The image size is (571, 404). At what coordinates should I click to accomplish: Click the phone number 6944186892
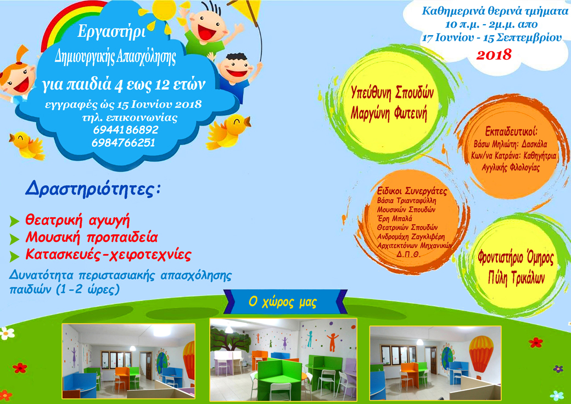pyautogui.click(x=126, y=130)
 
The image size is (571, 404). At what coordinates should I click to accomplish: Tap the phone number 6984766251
pyautogui.click(x=124, y=142)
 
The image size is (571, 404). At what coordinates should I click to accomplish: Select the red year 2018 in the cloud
pyautogui.click(x=494, y=55)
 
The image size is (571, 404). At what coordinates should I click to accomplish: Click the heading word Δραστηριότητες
pyautogui.click(x=93, y=189)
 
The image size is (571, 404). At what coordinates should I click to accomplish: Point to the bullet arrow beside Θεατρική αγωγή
pyautogui.click(x=14, y=221)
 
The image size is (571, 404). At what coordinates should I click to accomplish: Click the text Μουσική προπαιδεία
pyautogui.click(x=91, y=237)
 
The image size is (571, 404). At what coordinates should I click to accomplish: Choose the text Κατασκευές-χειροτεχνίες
pyautogui.click(x=108, y=254)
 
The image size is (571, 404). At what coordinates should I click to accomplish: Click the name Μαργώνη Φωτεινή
pyautogui.click(x=389, y=114)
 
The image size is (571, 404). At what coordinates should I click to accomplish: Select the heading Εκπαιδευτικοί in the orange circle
pyautogui.click(x=511, y=131)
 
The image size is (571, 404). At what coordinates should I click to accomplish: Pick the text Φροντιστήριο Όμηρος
pyautogui.click(x=516, y=258)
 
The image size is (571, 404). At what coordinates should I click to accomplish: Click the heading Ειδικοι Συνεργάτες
pyautogui.click(x=412, y=191)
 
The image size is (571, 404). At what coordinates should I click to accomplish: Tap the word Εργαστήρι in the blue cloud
pyautogui.click(x=111, y=32)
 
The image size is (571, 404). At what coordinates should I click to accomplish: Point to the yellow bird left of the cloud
pyautogui.click(x=27, y=145)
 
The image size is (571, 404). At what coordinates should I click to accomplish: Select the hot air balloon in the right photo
pyautogui.click(x=481, y=355)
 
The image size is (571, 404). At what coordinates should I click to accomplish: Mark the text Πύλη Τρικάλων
pyautogui.click(x=517, y=278)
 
